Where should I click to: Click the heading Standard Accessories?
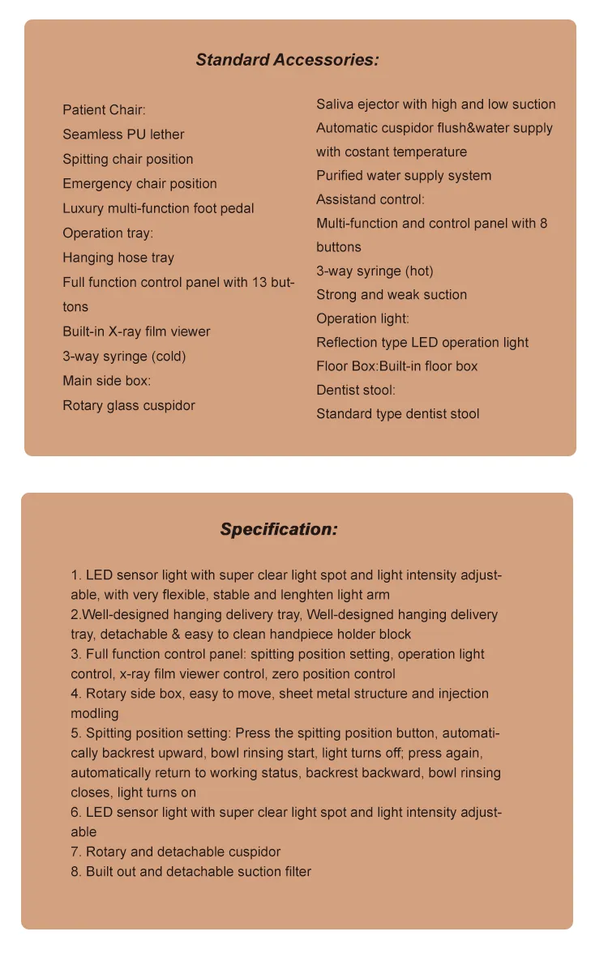(287, 60)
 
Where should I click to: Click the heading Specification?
(278, 530)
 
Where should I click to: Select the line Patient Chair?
(104, 110)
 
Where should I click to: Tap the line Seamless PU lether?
(123, 135)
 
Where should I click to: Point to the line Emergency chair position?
(139, 184)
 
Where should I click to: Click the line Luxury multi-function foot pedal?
(158, 208)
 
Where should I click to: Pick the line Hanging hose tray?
(118, 258)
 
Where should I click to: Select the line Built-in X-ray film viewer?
(136, 331)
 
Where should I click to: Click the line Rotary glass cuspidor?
(129, 405)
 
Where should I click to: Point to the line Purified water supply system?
(404, 176)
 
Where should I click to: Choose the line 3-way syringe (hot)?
(375, 271)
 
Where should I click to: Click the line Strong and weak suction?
(392, 295)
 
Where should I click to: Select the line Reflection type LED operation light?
(422, 343)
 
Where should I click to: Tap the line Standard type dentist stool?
(397, 414)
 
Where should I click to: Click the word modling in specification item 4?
(95, 714)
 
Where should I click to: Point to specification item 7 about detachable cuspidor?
(176, 852)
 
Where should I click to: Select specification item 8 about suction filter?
(191, 872)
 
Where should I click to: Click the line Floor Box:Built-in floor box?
(397, 366)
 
